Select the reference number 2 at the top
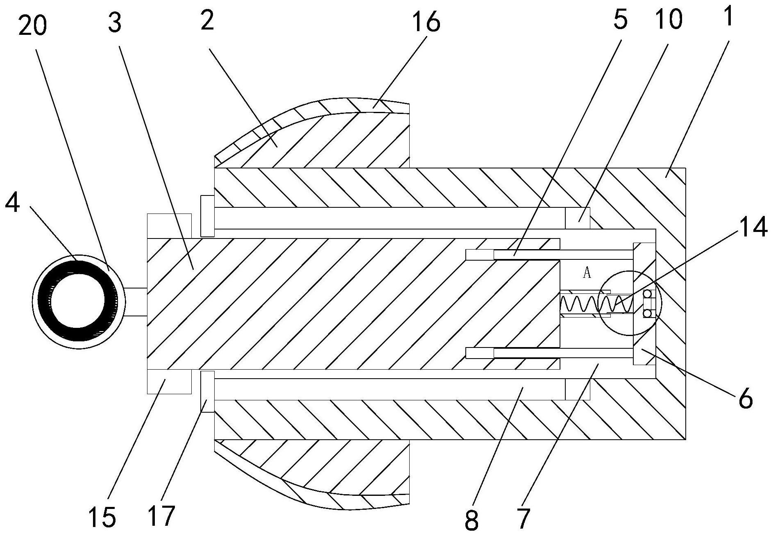207,20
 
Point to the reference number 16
427,23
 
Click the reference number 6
745,397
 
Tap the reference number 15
102,517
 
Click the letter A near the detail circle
587,273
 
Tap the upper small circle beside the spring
647,294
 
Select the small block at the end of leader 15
169,381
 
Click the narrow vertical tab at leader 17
207,391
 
